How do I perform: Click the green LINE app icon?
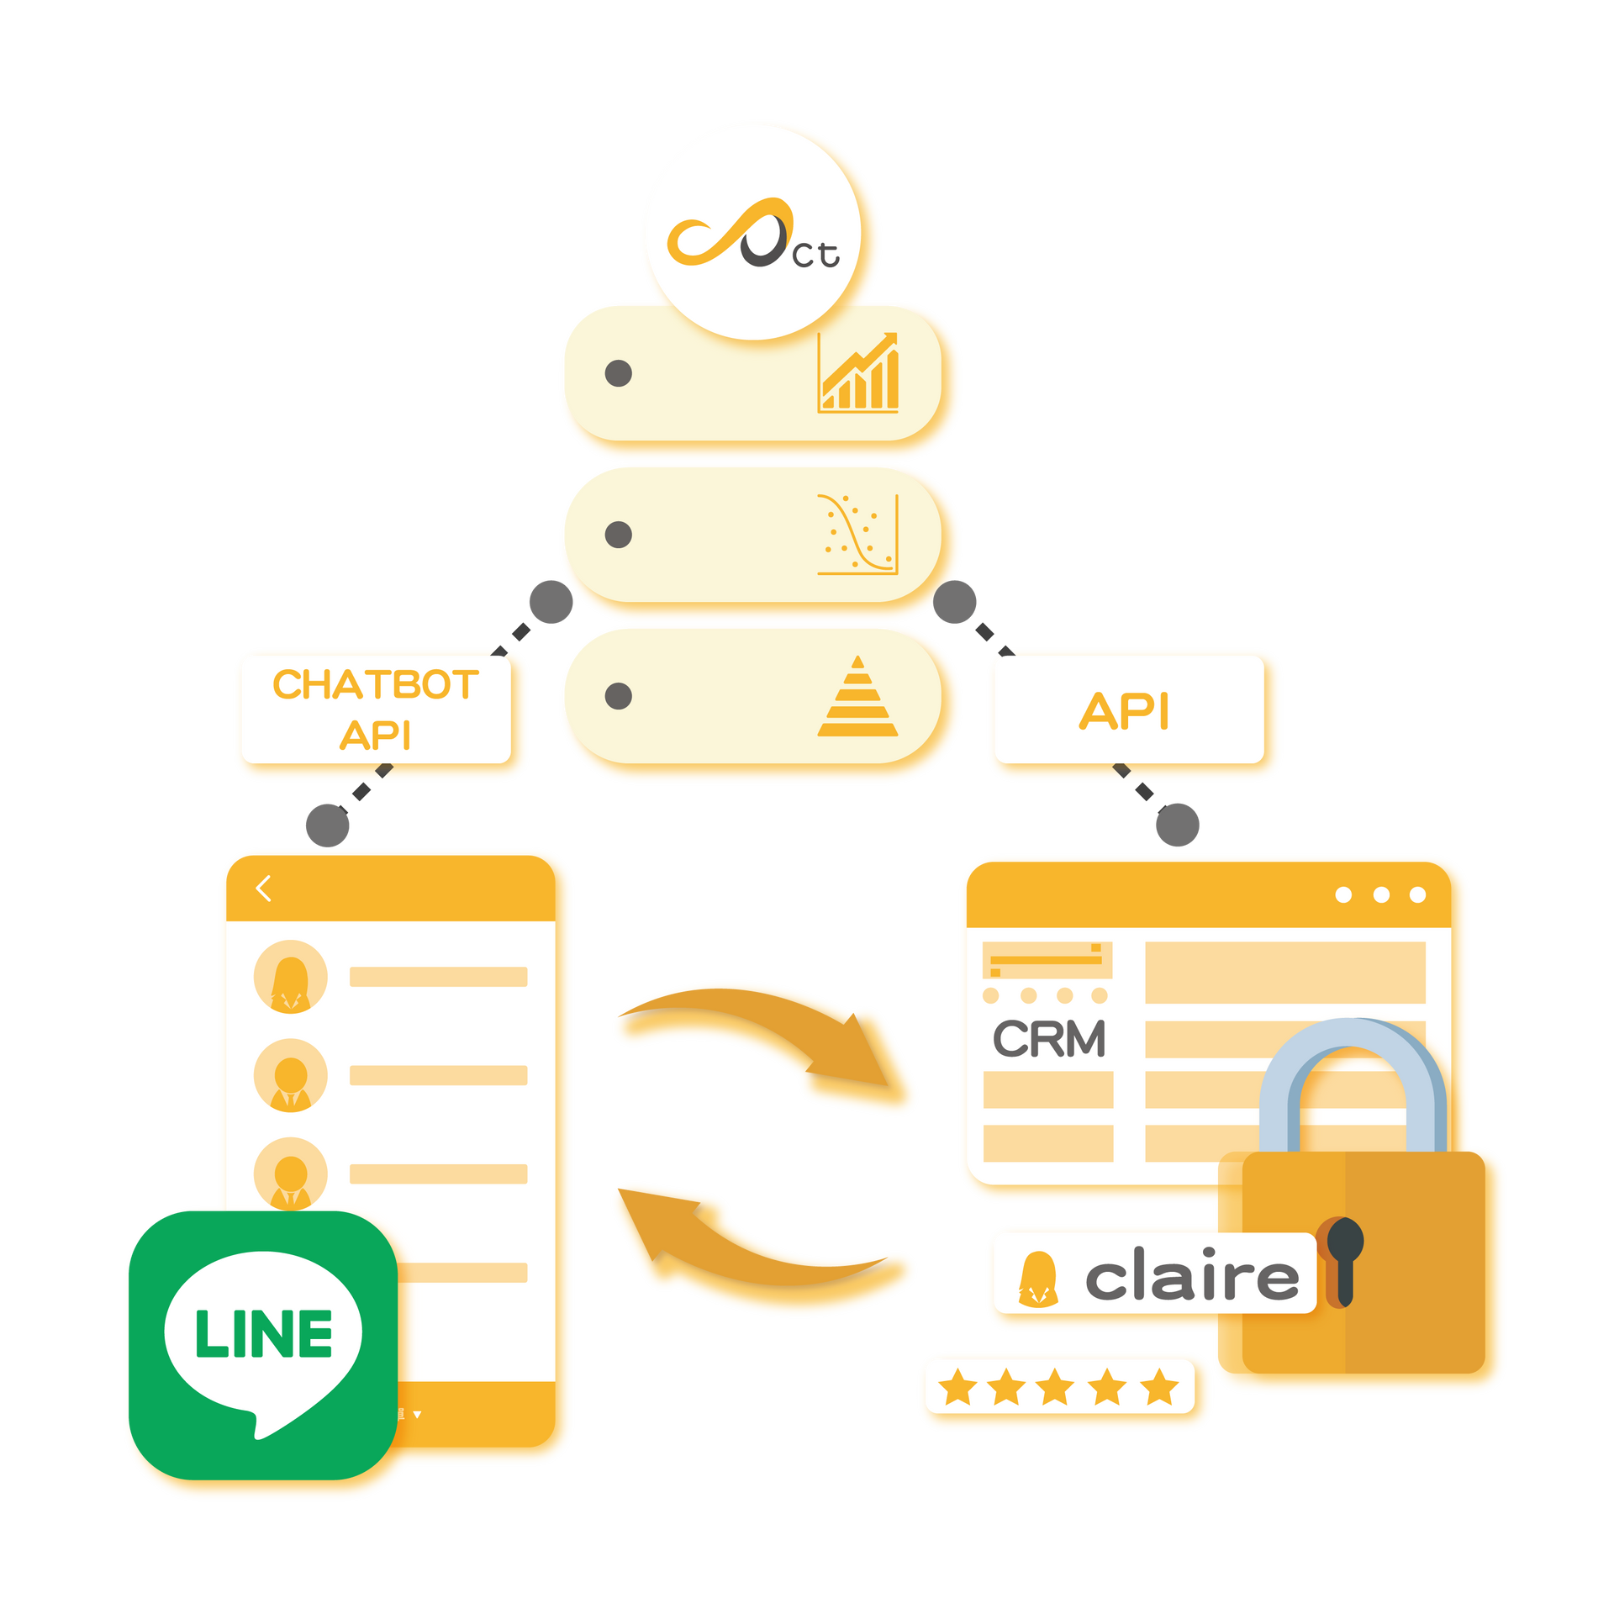[263, 1344]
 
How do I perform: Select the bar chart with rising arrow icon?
[858, 372]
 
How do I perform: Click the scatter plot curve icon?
[858, 535]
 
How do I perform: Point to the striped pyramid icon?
[857, 696]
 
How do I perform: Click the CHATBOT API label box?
[376, 709]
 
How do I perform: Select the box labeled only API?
[1128, 709]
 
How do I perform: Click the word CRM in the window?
[1049, 1039]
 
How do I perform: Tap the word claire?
[1192, 1274]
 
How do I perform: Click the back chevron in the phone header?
[263, 888]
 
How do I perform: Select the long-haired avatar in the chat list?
[291, 977]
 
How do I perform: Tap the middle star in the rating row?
[1055, 1387]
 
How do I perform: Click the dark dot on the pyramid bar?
[619, 696]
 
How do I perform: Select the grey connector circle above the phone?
[328, 825]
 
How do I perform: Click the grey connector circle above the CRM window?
[1178, 825]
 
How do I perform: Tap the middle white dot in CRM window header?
[1381, 894]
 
